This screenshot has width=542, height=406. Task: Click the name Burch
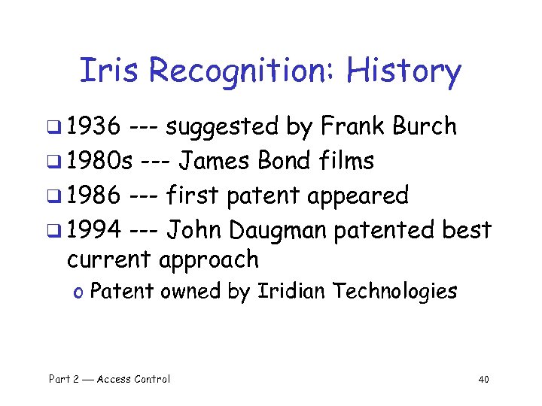[x=425, y=126]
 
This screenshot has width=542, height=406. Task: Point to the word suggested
[x=222, y=128]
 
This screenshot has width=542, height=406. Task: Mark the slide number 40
[x=484, y=379]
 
